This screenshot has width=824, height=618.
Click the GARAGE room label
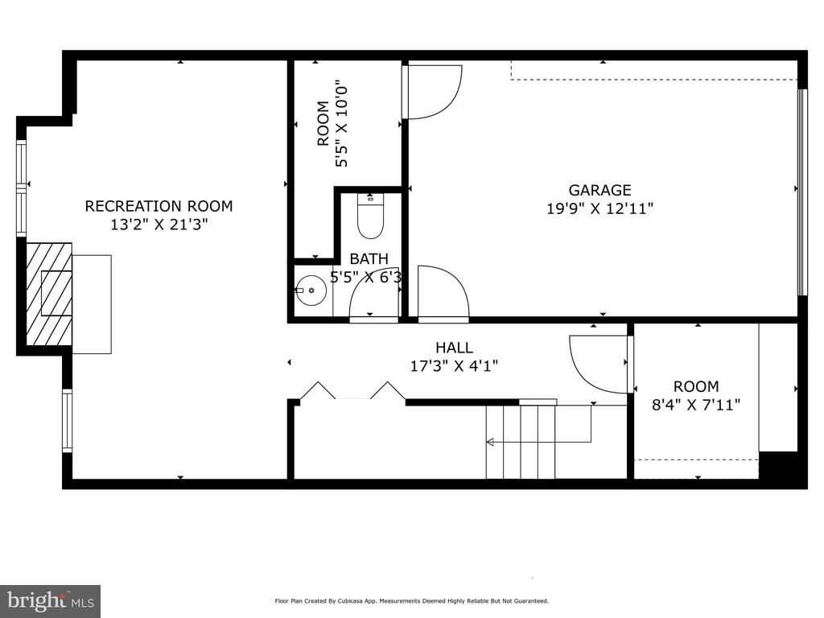pyautogui.click(x=599, y=190)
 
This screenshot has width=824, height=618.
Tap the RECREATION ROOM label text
pyautogui.click(x=159, y=206)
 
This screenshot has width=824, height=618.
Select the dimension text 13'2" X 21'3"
pyautogui.click(x=159, y=225)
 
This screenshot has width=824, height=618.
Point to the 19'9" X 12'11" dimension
pyautogui.click(x=599, y=208)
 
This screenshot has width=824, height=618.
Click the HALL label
pyautogui.click(x=454, y=348)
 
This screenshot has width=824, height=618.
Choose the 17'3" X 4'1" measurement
pyautogui.click(x=454, y=366)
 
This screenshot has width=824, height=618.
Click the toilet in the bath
pyautogui.click(x=370, y=216)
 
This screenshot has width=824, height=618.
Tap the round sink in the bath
pyautogui.click(x=311, y=290)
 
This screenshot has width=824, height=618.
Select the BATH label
pyautogui.click(x=369, y=258)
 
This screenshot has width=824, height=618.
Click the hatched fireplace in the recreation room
pyautogui.click(x=49, y=295)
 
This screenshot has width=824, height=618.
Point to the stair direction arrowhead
pyautogui.click(x=490, y=442)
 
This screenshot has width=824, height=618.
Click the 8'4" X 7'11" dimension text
pyautogui.click(x=696, y=405)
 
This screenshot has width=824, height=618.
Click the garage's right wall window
pyautogui.click(x=802, y=192)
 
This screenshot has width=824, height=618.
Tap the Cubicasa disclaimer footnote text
pyautogui.click(x=411, y=600)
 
